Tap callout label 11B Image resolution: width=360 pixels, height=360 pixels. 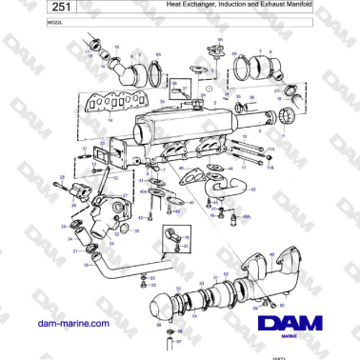point(270,166)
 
